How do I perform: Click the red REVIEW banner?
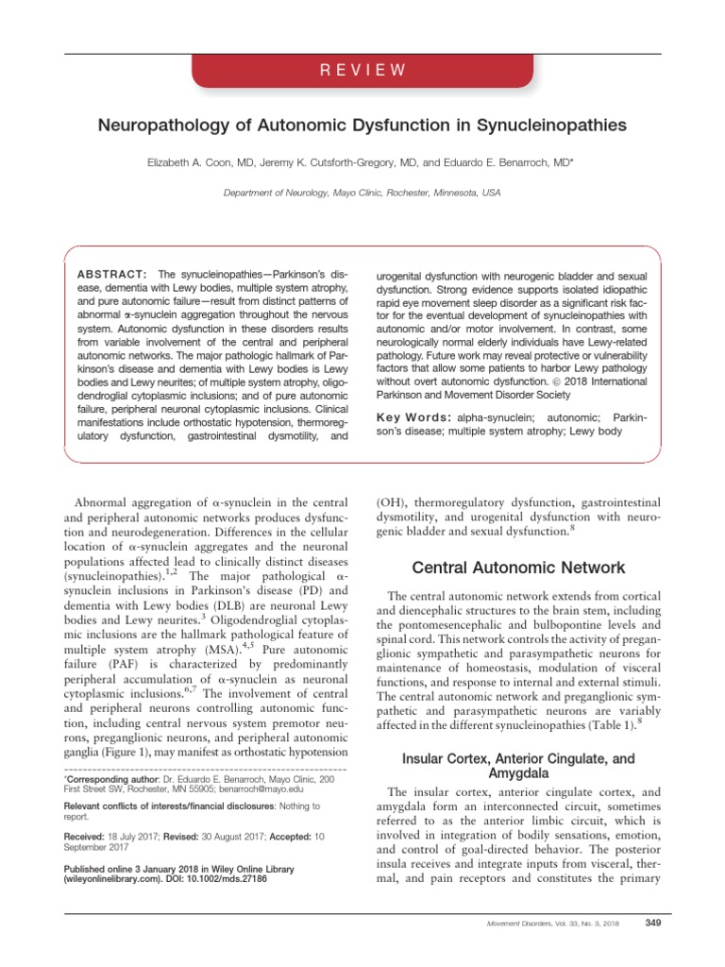point(362,71)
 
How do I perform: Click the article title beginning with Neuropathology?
point(362,125)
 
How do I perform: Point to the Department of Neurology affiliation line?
point(362,193)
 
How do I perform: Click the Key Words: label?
point(411,417)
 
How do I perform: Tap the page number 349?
point(650,922)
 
